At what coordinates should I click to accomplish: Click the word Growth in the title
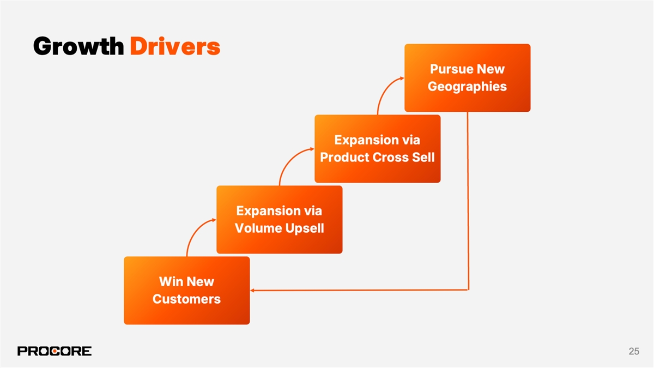click(78, 47)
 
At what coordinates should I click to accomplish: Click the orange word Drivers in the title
click(175, 47)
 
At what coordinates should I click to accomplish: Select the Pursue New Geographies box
click(467, 78)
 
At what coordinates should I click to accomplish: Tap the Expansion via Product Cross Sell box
click(377, 149)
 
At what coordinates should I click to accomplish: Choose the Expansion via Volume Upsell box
click(279, 220)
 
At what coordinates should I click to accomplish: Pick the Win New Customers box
click(186, 291)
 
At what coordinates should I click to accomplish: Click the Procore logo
click(55, 351)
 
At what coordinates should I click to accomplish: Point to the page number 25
click(633, 352)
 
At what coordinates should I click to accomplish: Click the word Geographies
click(467, 87)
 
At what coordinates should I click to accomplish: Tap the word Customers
click(186, 299)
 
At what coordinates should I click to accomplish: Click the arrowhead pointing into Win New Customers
click(253, 291)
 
